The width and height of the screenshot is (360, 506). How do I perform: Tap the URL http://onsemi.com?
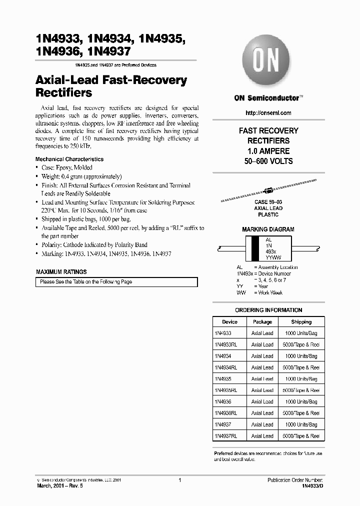click(268, 113)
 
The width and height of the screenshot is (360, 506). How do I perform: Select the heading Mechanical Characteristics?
click(69, 159)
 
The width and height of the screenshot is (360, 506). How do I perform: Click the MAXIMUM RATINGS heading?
click(61, 272)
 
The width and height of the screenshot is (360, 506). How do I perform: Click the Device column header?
click(229, 322)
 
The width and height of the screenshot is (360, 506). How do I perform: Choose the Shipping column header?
click(301, 322)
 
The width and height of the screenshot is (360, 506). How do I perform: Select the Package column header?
click(262, 322)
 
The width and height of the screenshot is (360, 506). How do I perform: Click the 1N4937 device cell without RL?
click(223, 424)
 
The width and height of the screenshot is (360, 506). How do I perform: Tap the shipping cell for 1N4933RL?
click(301, 345)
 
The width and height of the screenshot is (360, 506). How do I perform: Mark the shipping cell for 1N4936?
click(301, 402)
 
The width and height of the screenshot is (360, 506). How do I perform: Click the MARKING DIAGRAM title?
click(268, 229)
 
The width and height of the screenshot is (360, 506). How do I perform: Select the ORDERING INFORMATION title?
click(268, 310)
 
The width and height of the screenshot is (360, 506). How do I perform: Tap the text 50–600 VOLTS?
click(268, 161)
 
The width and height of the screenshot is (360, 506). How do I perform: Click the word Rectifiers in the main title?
click(64, 93)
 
